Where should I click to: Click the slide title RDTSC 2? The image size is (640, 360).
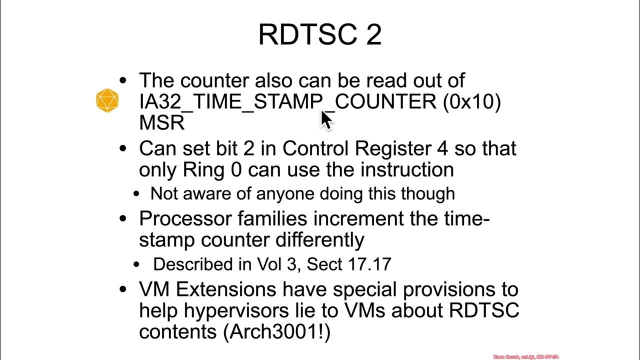pyautogui.click(x=320, y=34)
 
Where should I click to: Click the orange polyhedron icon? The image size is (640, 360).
pyautogui.click(x=107, y=100)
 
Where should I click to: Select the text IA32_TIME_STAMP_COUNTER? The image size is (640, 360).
pyautogui.click(x=287, y=101)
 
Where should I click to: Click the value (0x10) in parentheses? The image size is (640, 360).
pyautogui.click(x=471, y=101)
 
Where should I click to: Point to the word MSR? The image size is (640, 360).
pyautogui.click(x=161, y=122)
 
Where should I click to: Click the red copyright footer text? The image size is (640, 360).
pyautogui.click(x=525, y=357)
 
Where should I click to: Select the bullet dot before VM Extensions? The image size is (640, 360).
pyautogui.click(x=123, y=289)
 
